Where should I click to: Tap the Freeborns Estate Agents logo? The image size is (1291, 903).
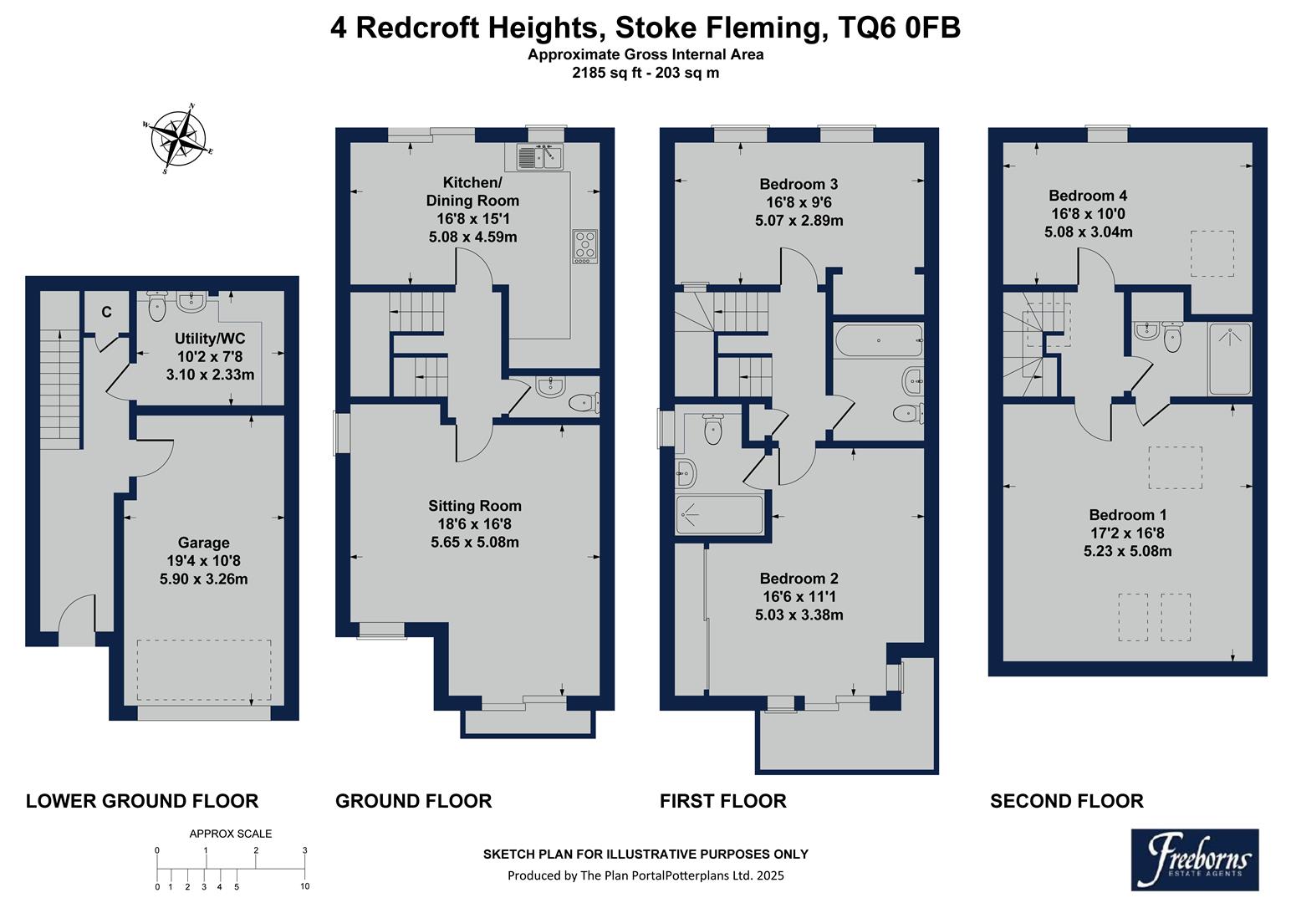[x=1194, y=859]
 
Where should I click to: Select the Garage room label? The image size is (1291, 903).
[x=203, y=543]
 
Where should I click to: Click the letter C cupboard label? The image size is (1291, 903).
[x=106, y=313]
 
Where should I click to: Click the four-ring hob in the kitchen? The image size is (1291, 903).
[x=585, y=245]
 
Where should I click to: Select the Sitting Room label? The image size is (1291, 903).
[x=474, y=506]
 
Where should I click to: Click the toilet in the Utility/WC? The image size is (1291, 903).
[x=157, y=307]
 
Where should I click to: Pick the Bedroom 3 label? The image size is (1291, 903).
[x=798, y=184]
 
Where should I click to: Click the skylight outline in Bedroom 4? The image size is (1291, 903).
[x=1212, y=253]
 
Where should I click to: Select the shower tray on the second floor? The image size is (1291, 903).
[x=1230, y=358]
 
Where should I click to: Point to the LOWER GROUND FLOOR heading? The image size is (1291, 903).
[x=142, y=801]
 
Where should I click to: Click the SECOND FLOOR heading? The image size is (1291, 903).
[x=1066, y=802]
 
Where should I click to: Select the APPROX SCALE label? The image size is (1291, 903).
[x=231, y=834]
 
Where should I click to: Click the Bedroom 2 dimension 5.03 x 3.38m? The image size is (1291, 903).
[x=799, y=615]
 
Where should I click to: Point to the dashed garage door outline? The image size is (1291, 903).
[x=204, y=671]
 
